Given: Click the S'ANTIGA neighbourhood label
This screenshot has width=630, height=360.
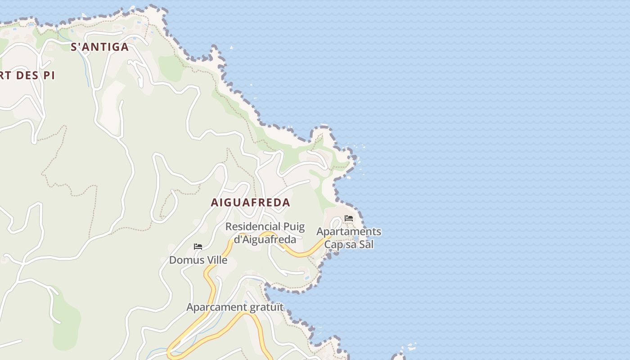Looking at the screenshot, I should click(99, 47).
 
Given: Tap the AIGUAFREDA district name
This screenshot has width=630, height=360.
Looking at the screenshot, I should click(251, 202).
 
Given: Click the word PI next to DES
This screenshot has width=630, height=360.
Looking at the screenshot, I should click(49, 75).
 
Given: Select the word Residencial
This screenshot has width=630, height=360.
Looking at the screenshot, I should click(252, 227).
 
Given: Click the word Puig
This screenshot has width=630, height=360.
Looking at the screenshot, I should click(293, 227).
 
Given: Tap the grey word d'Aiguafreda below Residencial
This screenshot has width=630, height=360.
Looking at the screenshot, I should click(265, 239).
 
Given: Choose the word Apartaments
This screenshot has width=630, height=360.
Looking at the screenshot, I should click(349, 232).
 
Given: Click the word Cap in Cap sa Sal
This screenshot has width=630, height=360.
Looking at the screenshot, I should click(333, 245).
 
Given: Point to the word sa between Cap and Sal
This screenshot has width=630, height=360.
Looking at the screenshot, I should click(351, 245).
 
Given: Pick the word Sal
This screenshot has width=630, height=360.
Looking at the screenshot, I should click(367, 245).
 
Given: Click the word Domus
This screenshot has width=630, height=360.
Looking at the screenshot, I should click(182, 260).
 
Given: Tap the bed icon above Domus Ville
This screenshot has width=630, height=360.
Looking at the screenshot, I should click(198, 247).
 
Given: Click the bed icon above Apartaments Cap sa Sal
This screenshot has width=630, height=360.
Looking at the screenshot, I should click(348, 218).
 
